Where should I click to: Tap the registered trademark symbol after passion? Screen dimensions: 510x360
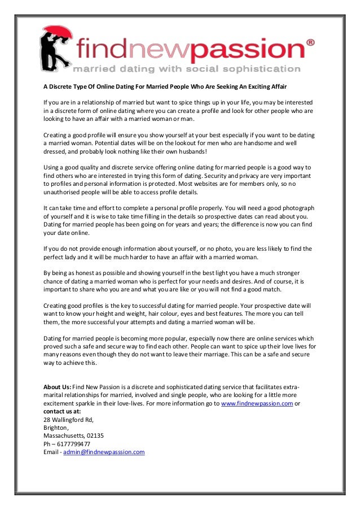pos(310,43)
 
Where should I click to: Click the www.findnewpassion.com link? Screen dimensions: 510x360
pos(257,403)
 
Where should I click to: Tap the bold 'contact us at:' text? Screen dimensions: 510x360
pos(62,411)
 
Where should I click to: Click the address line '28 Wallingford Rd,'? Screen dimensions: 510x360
pos(68,420)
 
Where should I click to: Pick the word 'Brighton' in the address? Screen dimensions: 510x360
pos(55,428)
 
